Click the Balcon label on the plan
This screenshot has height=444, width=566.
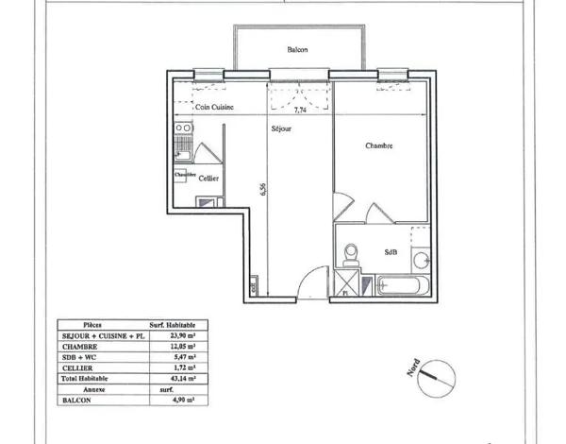(297, 50)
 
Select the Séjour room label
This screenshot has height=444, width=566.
(279, 128)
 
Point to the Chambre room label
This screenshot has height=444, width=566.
(379, 145)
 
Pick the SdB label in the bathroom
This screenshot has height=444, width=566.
(391, 252)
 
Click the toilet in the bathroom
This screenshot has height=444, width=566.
(351, 254)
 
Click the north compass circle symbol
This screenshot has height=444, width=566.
(435, 376)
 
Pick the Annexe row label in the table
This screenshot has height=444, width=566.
(92, 388)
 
